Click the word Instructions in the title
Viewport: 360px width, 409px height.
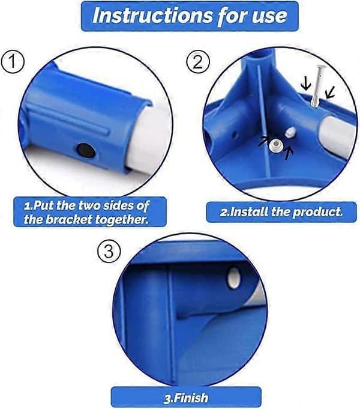(153, 15)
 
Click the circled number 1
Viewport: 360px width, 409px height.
(13, 62)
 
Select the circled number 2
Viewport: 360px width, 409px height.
(198, 62)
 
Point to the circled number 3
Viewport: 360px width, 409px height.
(109, 252)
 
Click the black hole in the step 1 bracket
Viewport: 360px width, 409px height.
(86, 150)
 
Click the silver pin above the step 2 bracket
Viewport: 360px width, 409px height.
(317, 85)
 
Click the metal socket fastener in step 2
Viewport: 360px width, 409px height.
(275, 145)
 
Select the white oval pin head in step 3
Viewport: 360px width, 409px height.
(233, 278)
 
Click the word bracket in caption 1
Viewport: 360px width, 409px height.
(70, 219)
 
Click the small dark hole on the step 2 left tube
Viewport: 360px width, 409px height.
(235, 135)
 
